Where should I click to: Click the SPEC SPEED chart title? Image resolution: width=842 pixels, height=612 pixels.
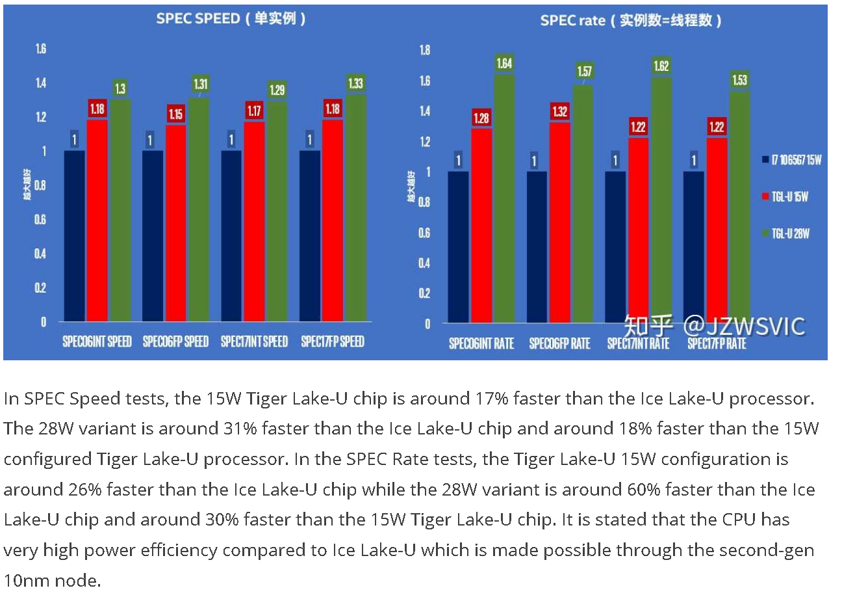point(231,18)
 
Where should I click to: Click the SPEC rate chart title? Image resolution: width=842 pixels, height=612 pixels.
point(630,20)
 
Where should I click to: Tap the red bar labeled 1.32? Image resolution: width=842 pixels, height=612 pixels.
point(559,222)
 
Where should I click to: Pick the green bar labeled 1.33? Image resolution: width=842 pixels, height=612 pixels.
point(355,208)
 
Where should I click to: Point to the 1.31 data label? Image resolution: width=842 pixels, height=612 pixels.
point(200,84)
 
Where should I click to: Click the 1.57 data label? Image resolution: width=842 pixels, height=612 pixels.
point(584,71)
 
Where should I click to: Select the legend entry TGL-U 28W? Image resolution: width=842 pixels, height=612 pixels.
point(790,233)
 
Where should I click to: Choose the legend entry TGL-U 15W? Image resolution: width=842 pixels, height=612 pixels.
point(789,196)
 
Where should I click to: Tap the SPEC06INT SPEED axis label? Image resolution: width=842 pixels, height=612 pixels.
point(97,341)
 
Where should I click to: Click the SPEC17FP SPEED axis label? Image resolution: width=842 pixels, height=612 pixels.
point(333,341)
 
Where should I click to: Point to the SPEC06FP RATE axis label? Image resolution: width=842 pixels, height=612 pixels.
point(559,343)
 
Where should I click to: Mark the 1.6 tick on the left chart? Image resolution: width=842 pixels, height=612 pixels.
point(40,49)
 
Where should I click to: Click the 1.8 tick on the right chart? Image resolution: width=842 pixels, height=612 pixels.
point(424,50)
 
